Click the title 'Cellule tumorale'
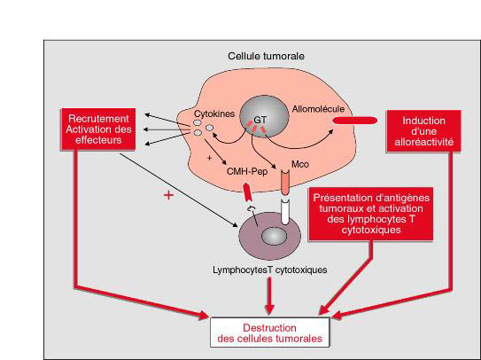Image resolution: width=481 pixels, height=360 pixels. pyautogui.click(x=266, y=56)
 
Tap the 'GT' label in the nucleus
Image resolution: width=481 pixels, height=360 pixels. pyautogui.click(x=260, y=120)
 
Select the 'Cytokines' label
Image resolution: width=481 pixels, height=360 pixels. pyautogui.click(x=214, y=114)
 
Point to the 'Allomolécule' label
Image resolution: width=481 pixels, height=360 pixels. pyautogui.click(x=318, y=109)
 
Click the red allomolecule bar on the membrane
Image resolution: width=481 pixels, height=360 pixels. pyautogui.click(x=355, y=121)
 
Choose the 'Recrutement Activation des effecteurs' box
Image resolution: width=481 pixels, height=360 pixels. pyautogui.click(x=98, y=129)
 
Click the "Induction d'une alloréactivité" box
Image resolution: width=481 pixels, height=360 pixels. pyautogui.click(x=423, y=131)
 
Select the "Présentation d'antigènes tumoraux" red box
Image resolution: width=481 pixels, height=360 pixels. pyautogui.click(x=371, y=214)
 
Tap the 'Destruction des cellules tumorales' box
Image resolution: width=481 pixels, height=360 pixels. pyautogui.click(x=269, y=333)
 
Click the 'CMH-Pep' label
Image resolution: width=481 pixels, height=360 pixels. pyautogui.click(x=247, y=171)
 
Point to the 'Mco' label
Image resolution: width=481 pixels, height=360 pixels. pyautogui.click(x=300, y=165)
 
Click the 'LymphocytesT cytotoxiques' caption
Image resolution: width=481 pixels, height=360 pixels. pyautogui.click(x=270, y=270)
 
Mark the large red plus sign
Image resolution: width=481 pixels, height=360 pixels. pyautogui.click(x=168, y=195)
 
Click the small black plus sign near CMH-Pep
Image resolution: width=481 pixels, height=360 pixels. pyautogui.click(x=210, y=158)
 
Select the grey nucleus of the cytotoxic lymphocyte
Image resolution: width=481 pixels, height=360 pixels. pyautogui.click(x=274, y=236)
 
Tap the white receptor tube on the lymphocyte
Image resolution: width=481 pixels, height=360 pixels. pyautogui.click(x=285, y=212)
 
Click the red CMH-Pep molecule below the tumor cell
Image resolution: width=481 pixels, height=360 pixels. pyautogui.click(x=247, y=192)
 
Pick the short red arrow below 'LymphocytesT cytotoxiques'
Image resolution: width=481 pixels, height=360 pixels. pyautogui.click(x=269, y=296)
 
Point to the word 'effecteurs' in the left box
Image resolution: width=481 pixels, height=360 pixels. pyautogui.click(x=98, y=140)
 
